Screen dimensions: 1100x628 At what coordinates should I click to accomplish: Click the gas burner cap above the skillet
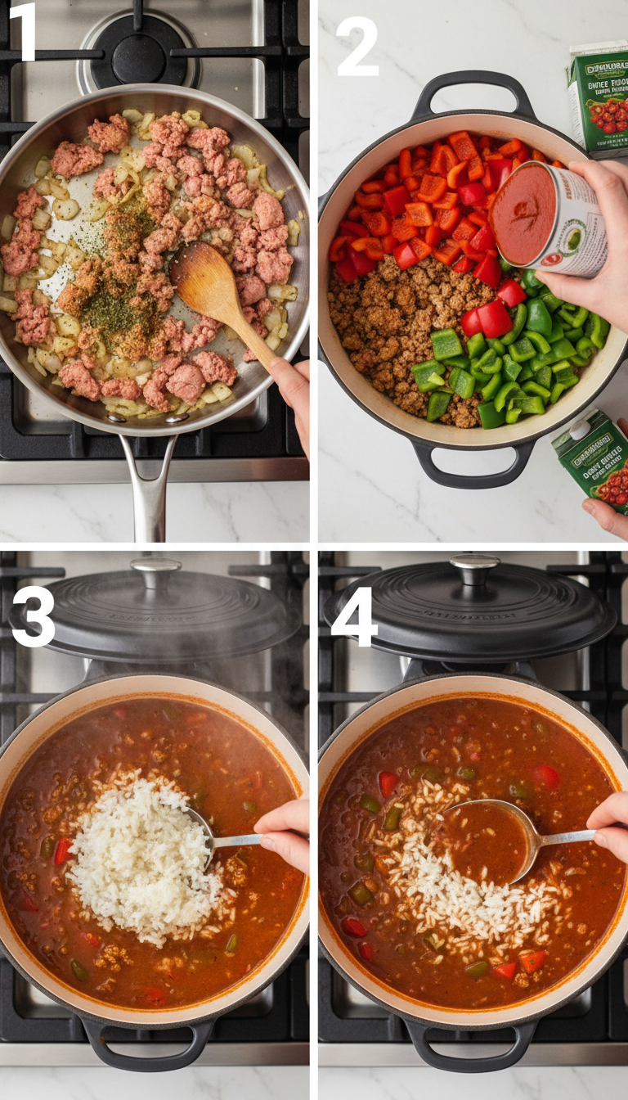click(x=138, y=56)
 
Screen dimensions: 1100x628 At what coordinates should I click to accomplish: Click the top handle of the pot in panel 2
click(x=473, y=91)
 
